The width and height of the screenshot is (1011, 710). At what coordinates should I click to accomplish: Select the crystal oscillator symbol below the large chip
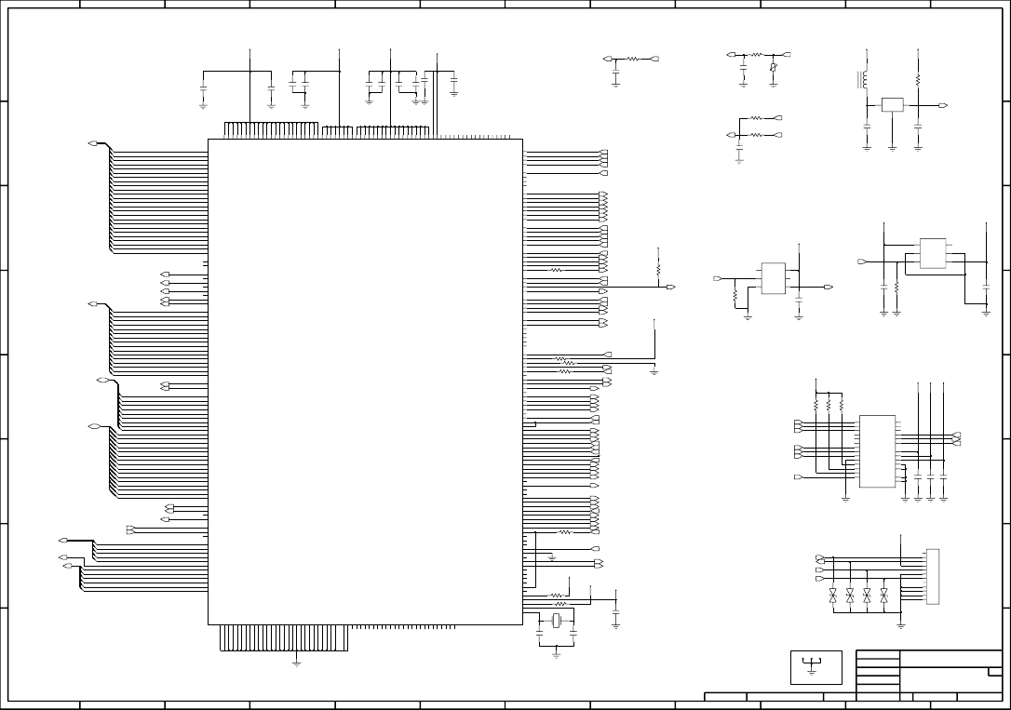tap(557, 622)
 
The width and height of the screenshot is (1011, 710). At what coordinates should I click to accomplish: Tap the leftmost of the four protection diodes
tap(833, 593)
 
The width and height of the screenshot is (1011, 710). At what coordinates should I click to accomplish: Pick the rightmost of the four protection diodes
tap(883, 593)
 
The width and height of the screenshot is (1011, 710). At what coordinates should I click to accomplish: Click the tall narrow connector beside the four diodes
tap(932, 576)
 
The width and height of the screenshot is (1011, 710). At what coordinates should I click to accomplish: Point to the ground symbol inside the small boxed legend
tap(814, 665)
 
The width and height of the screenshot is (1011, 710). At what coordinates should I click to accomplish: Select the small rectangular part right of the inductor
tap(892, 105)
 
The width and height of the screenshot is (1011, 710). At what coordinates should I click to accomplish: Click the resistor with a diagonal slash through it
tap(774, 68)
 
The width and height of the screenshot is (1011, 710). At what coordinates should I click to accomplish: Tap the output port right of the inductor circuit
tap(943, 106)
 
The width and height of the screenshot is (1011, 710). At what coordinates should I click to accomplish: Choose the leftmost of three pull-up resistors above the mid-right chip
tap(816, 406)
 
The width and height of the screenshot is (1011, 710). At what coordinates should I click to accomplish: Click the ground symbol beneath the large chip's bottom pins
tap(296, 662)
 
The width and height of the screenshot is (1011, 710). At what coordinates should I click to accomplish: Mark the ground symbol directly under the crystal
tap(556, 653)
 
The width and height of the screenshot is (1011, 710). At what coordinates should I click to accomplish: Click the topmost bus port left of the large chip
tap(92, 143)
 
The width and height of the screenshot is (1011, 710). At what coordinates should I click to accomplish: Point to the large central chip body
tap(364, 382)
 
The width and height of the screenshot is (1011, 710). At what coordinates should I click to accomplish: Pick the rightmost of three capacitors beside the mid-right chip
tap(944, 476)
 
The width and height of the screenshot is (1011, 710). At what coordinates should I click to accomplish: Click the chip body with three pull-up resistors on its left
tap(877, 451)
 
